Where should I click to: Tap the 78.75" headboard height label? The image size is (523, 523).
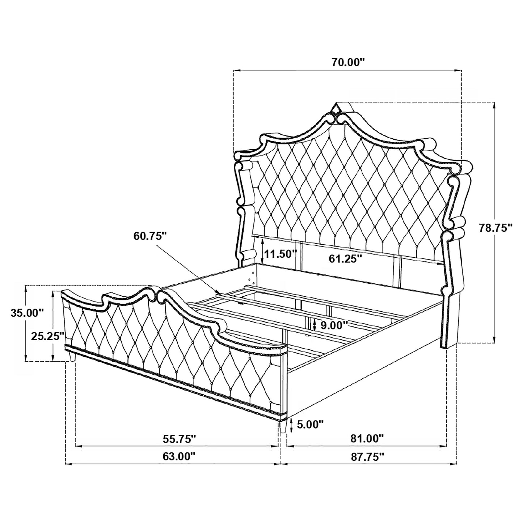tap(495, 228)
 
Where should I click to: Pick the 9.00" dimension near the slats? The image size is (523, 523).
tap(332, 325)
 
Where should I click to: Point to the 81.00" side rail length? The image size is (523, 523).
tap(367, 439)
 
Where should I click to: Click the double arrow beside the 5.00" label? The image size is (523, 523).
tap(291, 424)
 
